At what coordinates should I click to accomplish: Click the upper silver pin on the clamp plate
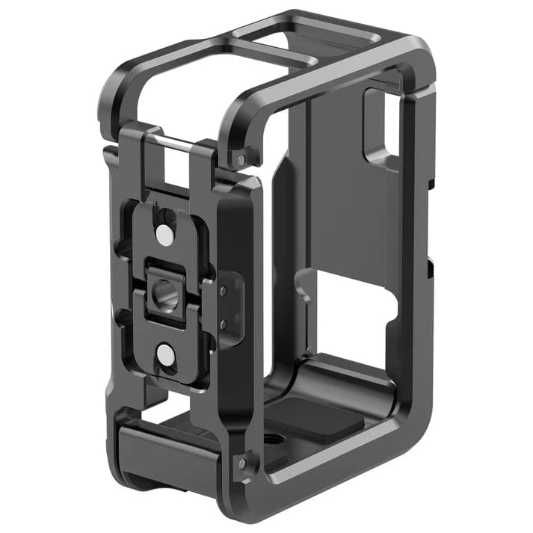pyautogui.click(x=164, y=235)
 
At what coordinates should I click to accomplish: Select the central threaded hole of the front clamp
pyautogui.click(x=161, y=286)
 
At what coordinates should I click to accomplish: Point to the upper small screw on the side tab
pyautogui.click(x=224, y=289)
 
